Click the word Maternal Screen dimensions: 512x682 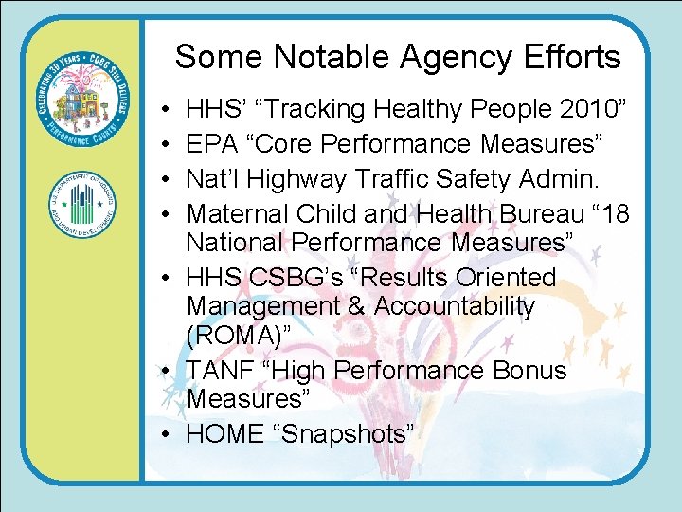tap(242, 212)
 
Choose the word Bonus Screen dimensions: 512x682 tap(529, 371)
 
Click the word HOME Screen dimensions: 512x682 tap(224, 433)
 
